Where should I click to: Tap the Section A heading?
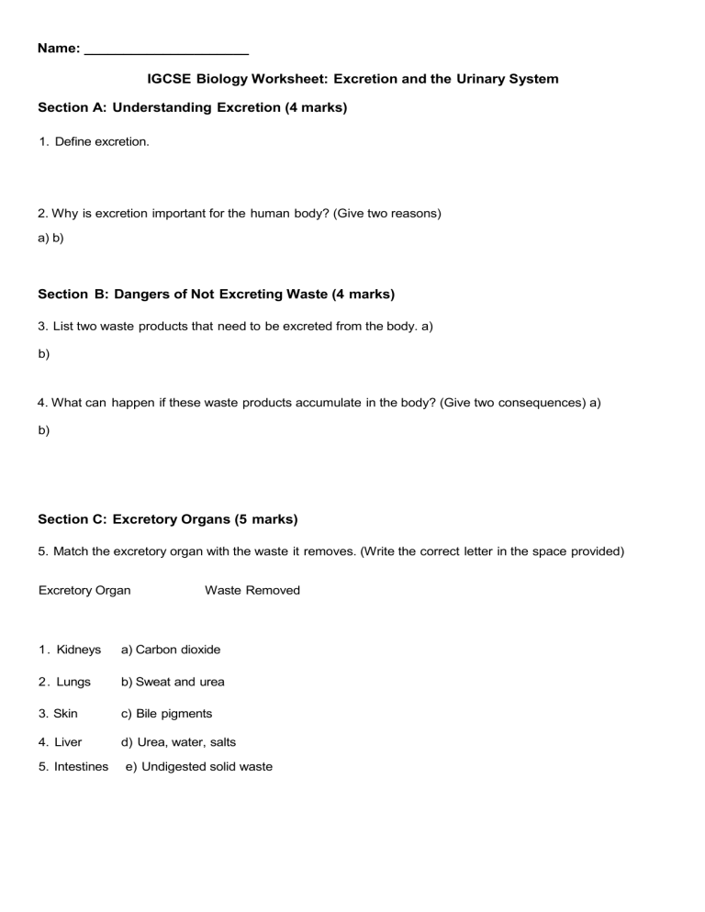pos(193,108)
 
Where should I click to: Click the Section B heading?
pos(217,295)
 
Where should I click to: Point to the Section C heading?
pos(168,519)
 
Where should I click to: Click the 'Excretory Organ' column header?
pos(84,590)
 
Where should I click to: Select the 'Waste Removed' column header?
pos(252,590)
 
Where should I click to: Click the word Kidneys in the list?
pos(78,650)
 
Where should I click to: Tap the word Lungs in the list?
pos(74,682)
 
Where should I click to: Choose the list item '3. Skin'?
pos(58,713)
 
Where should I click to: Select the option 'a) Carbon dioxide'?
pos(171,650)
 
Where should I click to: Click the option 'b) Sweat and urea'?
pos(173,682)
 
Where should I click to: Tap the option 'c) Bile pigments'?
pos(166,713)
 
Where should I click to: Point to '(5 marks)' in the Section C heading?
pos(266,519)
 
